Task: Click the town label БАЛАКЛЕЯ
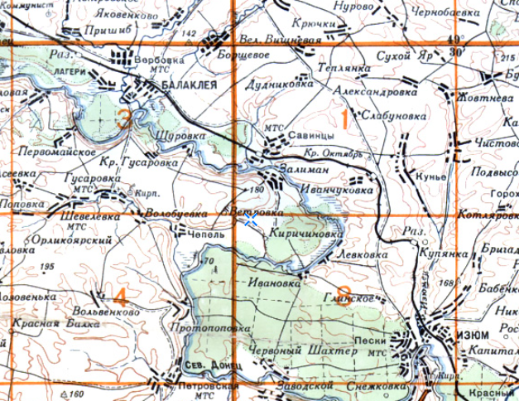pos(188,85)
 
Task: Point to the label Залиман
pos(310,167)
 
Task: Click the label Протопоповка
pos(208,327)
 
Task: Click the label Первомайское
pos(51,152)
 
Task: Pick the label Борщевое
pos(248,51)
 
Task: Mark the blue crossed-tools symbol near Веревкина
pos(249,220)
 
